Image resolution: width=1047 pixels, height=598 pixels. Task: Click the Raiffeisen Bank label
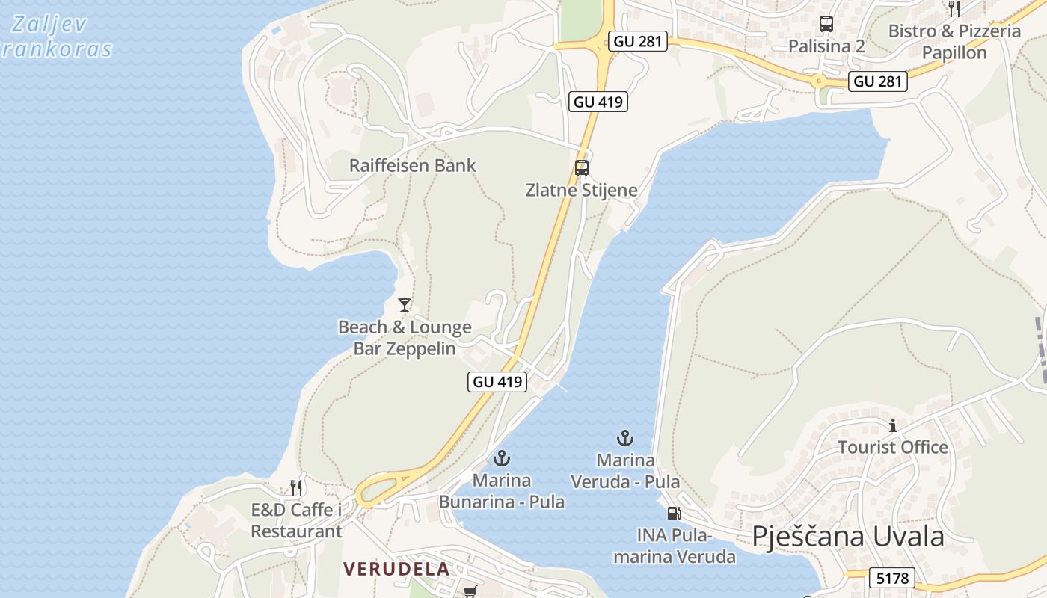point(412,165)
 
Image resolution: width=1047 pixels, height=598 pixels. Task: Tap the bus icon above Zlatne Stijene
point(582,168)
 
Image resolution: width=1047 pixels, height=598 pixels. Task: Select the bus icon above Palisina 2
point(826,24)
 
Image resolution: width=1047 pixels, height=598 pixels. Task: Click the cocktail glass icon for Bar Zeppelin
point(405,305)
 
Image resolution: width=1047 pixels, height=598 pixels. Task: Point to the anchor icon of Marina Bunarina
point(502,458)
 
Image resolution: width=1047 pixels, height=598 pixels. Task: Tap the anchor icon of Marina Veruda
point(624,438)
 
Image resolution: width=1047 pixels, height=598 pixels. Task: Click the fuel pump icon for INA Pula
point(674,514)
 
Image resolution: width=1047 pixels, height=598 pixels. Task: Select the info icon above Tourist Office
point(892,426)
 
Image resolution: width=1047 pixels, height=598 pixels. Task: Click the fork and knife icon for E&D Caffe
point(296,488)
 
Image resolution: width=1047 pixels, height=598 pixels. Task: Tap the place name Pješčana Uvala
point(848,537)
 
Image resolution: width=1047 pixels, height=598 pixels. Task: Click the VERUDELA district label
point(396,569)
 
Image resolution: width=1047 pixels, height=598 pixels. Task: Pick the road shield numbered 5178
point(892,578)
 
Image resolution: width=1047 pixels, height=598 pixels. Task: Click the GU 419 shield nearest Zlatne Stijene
point(598,102)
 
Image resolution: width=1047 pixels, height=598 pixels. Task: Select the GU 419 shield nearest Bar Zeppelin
point(498,381)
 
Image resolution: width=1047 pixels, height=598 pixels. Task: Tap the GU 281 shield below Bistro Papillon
point(879,81)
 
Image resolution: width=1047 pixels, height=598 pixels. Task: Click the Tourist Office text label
point(892,447)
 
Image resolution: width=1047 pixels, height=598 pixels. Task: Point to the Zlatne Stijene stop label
point(581,190)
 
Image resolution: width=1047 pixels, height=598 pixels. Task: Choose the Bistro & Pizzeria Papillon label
point(954,42)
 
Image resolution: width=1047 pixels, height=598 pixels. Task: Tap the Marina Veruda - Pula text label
point(626,471)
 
